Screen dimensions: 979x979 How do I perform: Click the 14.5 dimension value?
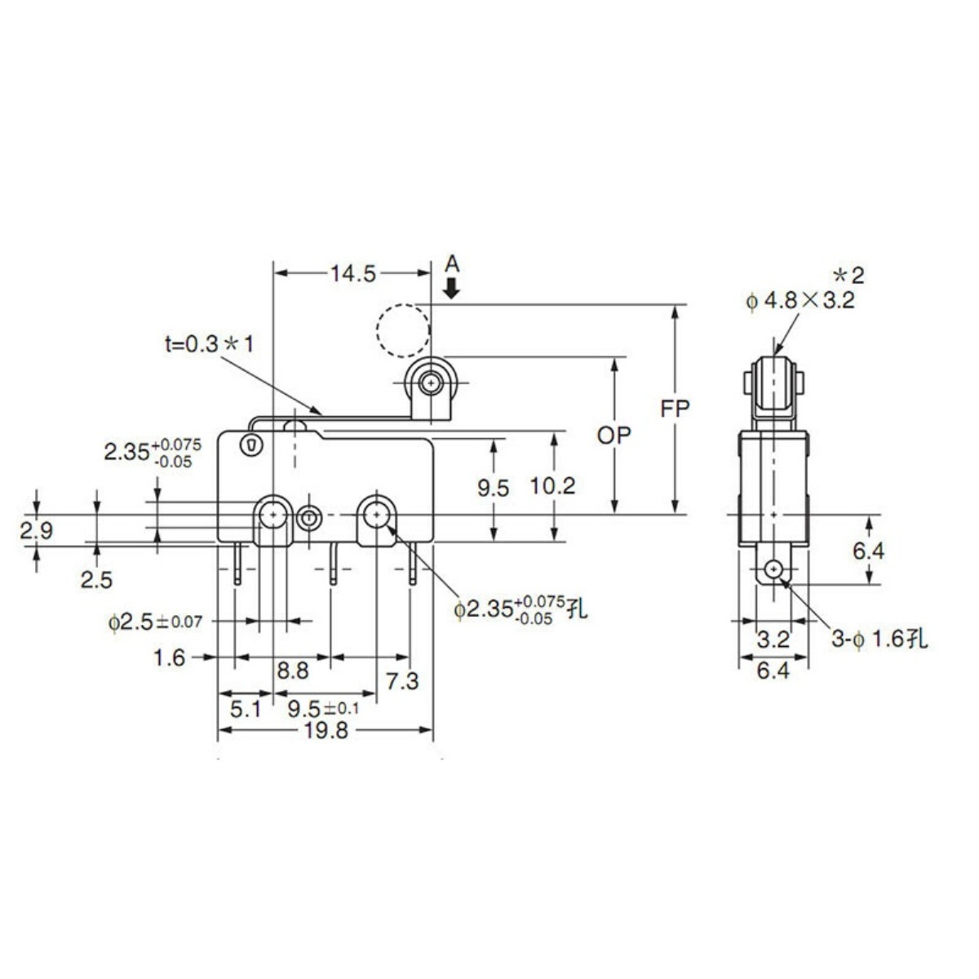pos(353,274)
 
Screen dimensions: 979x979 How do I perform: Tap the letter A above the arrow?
pos(452,264)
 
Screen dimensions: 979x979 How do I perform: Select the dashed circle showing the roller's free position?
pos(403,330)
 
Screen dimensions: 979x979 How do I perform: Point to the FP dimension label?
pos(675,410)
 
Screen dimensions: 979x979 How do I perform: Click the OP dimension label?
pos(614,436)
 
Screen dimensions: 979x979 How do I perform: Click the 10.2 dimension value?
pos(553,486)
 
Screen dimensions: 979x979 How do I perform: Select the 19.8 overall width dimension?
pos(326,730)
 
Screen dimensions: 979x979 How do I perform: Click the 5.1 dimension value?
pos(246,710)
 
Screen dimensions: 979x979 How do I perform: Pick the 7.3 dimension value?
pos(402,681)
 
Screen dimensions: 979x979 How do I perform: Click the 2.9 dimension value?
pos(37,531)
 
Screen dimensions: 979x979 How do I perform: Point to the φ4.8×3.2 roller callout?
pos(800,301)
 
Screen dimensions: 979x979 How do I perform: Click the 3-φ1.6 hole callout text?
pos(879,639)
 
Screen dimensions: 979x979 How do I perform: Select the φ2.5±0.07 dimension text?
pos(156,622)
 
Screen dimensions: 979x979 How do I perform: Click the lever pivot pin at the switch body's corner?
pos(250,445)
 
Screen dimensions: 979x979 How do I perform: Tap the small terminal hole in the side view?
pos(773,569)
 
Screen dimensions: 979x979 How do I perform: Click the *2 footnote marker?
pos(848,276)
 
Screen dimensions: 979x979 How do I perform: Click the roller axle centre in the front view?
pos(431,383)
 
